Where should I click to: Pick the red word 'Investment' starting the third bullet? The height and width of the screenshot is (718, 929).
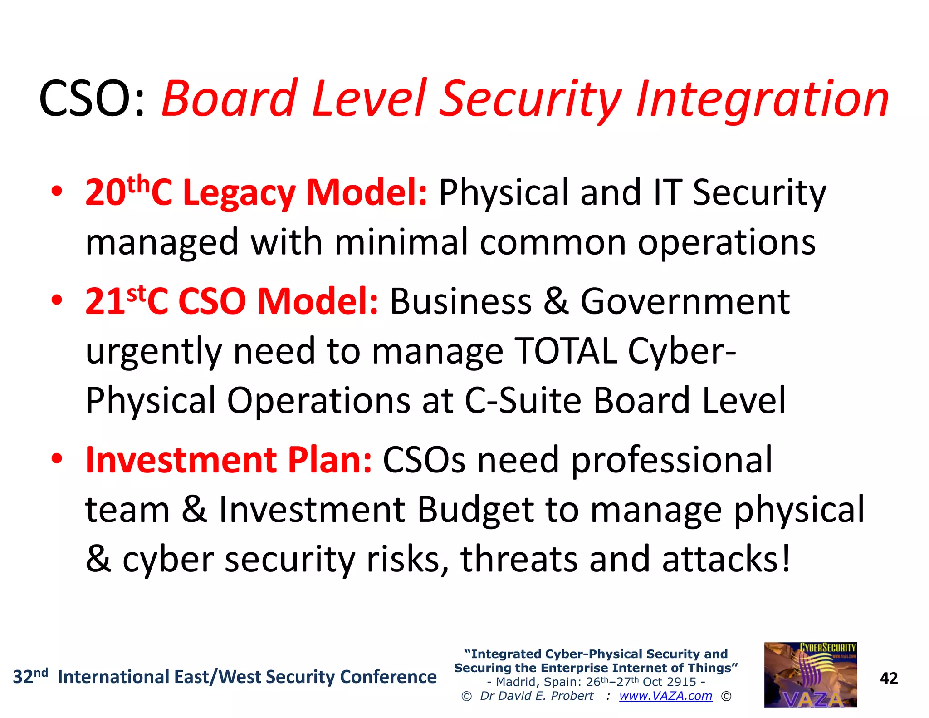point(181,460)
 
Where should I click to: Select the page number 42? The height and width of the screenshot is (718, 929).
point(889,678)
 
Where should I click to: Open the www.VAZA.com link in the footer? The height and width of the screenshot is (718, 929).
point(665,696)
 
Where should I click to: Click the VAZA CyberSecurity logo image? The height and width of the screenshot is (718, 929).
point(810,674)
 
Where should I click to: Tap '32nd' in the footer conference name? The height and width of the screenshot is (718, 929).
point(30,676)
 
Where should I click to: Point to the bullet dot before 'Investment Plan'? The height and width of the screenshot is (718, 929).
point(56,459)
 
